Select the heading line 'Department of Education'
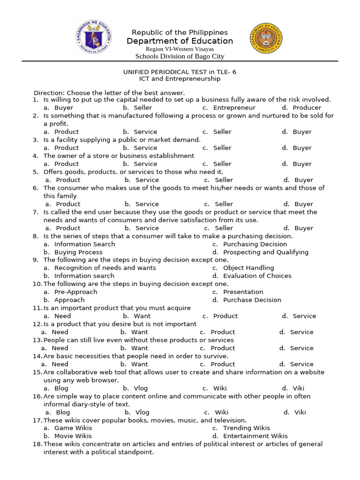tap(180, 41)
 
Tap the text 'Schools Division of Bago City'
tap(180, 56)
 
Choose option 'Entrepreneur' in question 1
tap(234, 107)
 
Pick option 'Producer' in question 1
tap(307, 107)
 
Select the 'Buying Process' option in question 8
tap(78, 252)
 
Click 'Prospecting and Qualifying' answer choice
tap(266, 252)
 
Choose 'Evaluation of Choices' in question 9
tap(257, 276)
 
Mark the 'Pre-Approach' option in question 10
tap(75, 292)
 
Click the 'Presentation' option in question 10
tap(243, 292)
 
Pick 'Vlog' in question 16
tap(142, 412)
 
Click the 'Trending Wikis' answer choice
tap(247, 427)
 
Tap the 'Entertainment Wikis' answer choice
tap(255, 435)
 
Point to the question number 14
tap(37, 356)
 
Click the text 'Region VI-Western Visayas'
tap(180, 49)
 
